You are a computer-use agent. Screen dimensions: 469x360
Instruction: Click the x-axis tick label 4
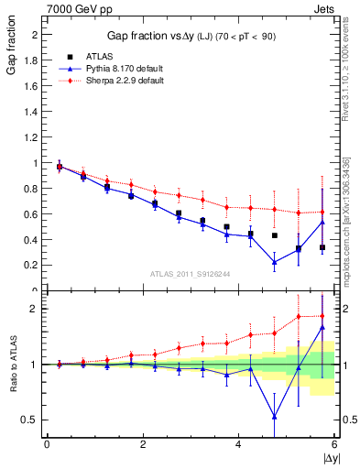pyautogui.click(x=238, y=445)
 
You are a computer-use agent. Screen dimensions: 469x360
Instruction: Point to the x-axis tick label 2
pyautogui.click(x=142, y=445)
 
